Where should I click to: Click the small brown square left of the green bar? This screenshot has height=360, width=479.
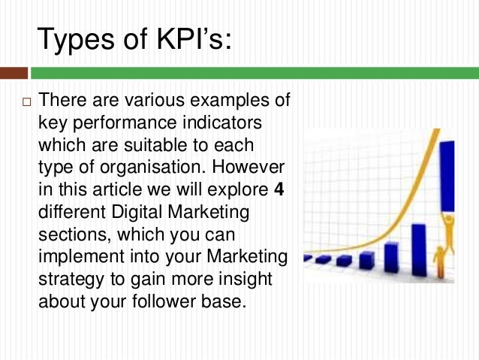[x=14, y=73]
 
